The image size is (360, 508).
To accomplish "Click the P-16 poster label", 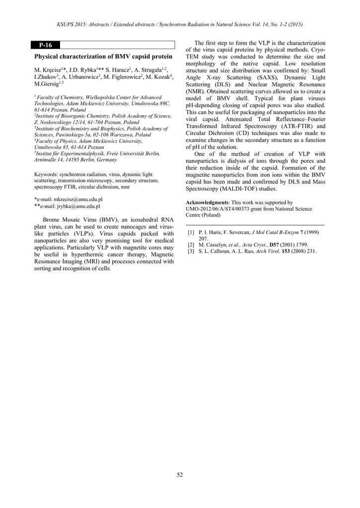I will pos(45,45).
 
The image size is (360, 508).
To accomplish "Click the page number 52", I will pos(180,475).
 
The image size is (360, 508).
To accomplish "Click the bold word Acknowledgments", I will pos(206,203).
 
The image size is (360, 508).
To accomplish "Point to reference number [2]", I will pos(191,245).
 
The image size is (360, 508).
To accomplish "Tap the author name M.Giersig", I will pos(46,85).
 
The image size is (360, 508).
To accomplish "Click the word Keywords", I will pos(45,175).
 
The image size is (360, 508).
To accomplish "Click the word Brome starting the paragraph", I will pos(53,220).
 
